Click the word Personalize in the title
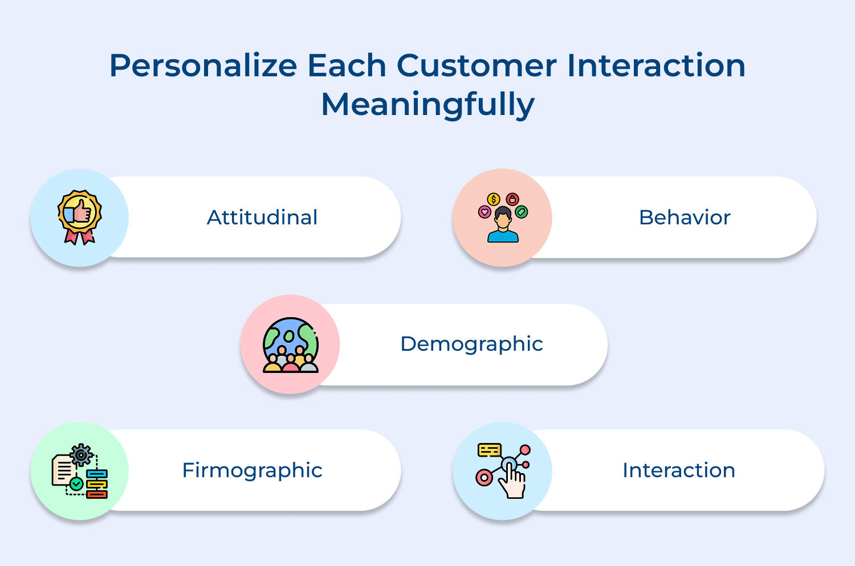(x=203, y=67)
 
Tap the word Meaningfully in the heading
(x=427, y=105)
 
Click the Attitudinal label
(x=262, y=218)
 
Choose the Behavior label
(x=684, y=218)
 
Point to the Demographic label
(x=471, y=344)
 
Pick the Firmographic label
(x=252, y=470)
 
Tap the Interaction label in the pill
(x=678, y=470)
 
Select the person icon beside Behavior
(x=503, y=227)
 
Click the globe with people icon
(x=291, y=344)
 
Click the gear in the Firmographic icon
(x=81, y=454)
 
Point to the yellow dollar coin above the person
(x=494, y=199)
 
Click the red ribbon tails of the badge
(x=79, y=237)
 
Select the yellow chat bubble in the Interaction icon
(x=489, y=450)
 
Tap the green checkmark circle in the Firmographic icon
(x=76, y=484)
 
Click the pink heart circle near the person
(x=484, y=212)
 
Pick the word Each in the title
(x=347, y=65)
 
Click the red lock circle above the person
(x=512, y=199)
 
